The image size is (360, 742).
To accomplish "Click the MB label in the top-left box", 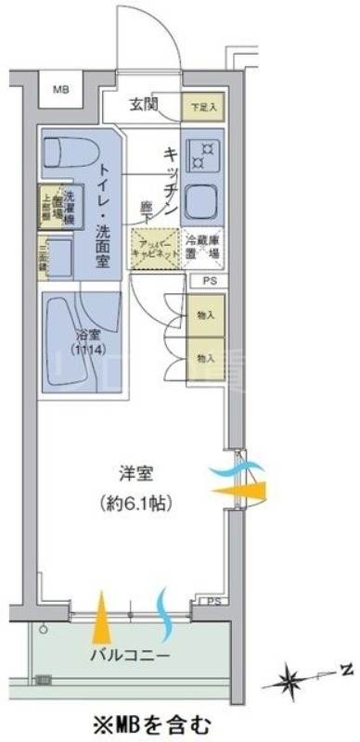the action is (60, 90).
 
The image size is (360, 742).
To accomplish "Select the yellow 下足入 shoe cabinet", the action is (201, 106).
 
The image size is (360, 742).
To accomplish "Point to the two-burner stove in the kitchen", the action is (203, 149).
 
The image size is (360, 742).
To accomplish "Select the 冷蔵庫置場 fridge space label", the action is (201, 247).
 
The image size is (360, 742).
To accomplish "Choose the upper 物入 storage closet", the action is (205, 316).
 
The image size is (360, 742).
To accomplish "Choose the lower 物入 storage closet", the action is (205, 357).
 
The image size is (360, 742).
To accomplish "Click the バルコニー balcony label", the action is (129, 657).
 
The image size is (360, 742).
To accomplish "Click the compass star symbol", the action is (295, 682).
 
